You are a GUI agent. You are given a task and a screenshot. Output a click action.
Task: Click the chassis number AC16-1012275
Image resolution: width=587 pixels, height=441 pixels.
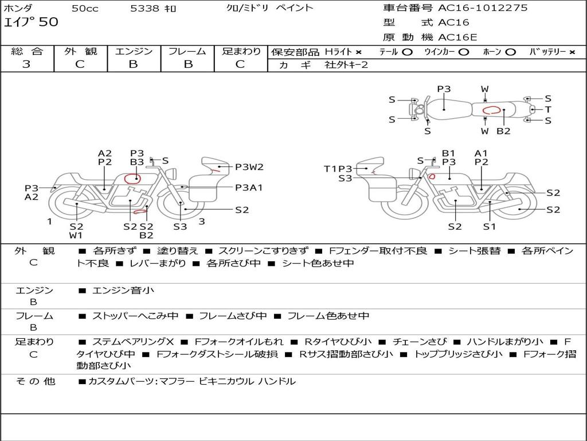click(x=483, y=7)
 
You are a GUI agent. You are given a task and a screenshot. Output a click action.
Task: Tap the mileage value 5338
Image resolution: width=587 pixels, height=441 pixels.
click(x=144, y=8)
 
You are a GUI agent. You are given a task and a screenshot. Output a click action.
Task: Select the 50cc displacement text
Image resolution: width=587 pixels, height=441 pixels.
click(x=85, y=8)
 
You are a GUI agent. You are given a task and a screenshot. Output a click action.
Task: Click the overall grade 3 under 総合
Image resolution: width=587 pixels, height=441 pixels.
click(x=26, y=64)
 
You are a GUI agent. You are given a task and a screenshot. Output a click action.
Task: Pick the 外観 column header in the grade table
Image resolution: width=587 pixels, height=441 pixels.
click(x=80, y=51)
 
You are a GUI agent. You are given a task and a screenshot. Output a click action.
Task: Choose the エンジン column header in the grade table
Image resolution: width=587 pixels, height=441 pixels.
click(x=134, y=51)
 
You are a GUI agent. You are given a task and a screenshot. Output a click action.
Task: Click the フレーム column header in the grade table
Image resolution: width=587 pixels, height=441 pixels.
click(x=187, y=51)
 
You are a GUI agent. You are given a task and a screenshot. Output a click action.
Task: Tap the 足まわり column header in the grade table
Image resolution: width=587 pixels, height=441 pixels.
click(x=241, y=51)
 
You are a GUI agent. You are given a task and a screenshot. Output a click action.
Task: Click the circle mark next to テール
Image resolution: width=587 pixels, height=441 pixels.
click(x=408, y=52)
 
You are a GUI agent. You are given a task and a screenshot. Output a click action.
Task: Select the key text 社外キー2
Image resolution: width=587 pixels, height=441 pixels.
click(x=346, y=65)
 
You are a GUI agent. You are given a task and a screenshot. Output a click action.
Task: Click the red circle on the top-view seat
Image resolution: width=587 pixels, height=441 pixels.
click(x=491, y=110)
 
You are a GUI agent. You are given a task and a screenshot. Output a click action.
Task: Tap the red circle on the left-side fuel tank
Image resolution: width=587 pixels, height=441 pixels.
click(x=132, y=179)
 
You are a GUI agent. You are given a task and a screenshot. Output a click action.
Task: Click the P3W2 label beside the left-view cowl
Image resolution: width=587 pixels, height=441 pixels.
click(x=249, y=167)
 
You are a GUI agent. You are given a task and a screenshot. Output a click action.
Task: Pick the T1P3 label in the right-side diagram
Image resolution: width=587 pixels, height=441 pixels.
click(x=338, y=169)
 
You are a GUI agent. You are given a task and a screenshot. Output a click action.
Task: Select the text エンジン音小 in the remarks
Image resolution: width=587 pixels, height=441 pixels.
click(x=123, y=290)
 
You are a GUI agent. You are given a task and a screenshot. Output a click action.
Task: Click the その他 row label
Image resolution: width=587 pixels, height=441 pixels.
click(x=35, y=381)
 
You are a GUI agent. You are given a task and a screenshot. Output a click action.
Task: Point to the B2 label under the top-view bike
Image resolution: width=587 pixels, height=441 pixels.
click(x=503, y=131)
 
